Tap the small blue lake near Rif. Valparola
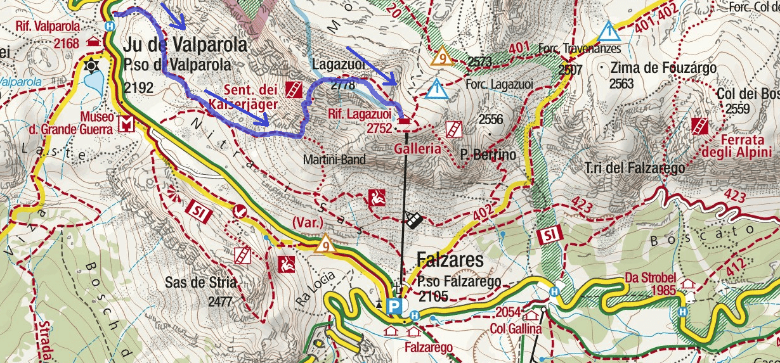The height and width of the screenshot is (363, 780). click(94, 80)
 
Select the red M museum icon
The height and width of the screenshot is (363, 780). click(127, 124)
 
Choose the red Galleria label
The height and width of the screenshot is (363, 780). click(417, 149)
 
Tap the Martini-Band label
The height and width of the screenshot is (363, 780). click(334, 160)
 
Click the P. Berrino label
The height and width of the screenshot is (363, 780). click(488, 155)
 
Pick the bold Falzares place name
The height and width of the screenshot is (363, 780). click(450, 260)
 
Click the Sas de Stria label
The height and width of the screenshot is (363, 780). click(193, 283)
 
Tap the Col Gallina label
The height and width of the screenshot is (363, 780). click(516, 329)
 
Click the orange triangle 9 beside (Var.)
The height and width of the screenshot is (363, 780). click(326, 243)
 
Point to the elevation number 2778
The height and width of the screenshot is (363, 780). click(342, 85)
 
